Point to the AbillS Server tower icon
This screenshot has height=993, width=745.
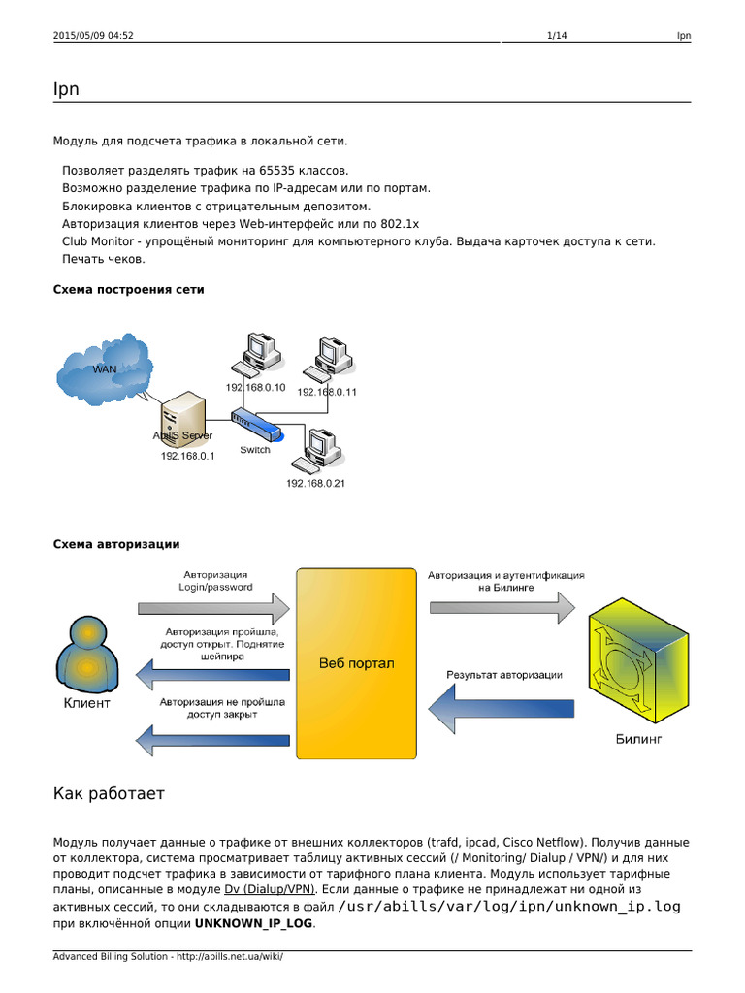pyautogui.click(x=182, y=417)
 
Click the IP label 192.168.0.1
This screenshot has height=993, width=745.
pyautogui.click(x=187, y=455)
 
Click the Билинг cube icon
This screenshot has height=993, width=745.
pyautogui.click(x=635, y=664)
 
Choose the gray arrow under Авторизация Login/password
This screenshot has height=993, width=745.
pyautogui.click(x=213, y=609)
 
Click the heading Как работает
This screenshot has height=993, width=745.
pyautogui.click(x=109, y=794)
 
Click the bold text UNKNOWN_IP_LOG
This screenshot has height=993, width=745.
pyautogui.click(x=254, y=923)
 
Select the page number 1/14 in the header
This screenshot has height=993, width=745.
pyautogui.click(x=557, y=36)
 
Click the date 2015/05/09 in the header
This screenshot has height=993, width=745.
pyautogui.click(x=81, y=36)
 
